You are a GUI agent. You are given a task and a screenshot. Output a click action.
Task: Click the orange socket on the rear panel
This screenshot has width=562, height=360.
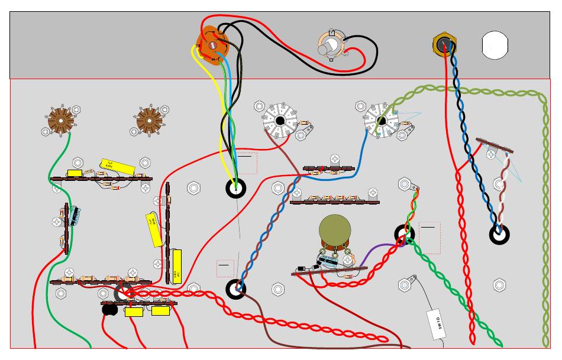click(x=212, y=44)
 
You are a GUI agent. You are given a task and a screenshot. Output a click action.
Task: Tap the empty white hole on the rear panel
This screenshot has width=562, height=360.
click(x=495, y=45)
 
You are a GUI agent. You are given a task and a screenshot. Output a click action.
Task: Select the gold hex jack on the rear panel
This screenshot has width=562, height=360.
click(x=444, y=44)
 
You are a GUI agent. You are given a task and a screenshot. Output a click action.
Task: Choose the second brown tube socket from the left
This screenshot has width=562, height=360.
click(x=148, y=120)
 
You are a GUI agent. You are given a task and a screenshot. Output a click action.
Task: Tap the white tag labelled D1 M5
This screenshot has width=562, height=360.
click(x=436, y=324)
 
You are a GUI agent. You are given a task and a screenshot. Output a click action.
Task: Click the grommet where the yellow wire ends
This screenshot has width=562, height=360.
click(x=236, y=189)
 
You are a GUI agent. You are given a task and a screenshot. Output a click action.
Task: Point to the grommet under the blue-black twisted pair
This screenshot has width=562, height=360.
click(x=499, y=234)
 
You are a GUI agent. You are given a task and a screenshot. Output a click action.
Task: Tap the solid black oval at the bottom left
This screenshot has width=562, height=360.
click(x=109, y=309)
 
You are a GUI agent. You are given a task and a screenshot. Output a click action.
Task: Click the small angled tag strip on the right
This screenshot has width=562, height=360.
click(x=494, y=145)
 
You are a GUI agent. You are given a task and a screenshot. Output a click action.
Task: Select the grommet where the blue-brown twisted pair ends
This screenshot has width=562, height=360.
click(x=235, y=288)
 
